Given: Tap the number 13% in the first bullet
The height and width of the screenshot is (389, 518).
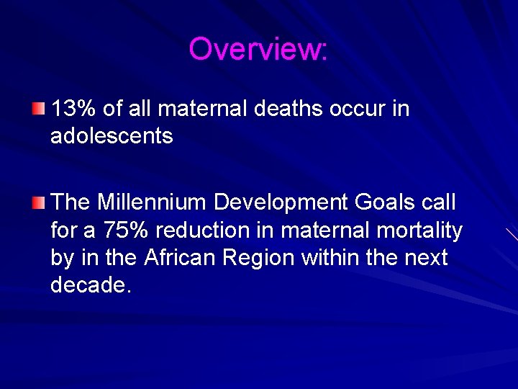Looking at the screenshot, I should click(x=75, y=109).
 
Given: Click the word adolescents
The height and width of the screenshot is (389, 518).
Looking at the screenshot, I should click(x=112, y=135).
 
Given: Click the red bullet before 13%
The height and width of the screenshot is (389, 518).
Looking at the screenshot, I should click(x=38, y=109).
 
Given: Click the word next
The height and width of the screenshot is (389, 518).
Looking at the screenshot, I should click(x=427, y=257).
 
